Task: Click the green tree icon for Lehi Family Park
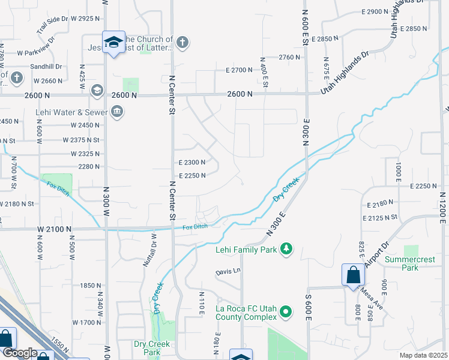287,248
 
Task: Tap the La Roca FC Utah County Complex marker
286,311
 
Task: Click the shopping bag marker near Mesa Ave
353,275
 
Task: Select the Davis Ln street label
228,271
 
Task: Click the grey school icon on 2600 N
96,91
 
